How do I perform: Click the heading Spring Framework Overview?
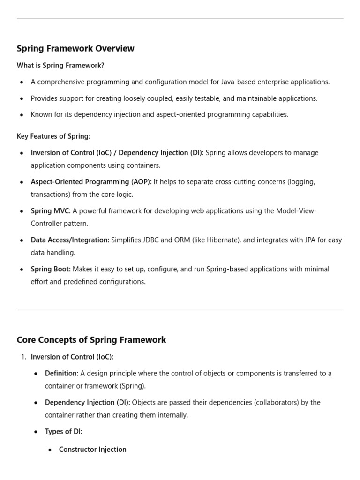[x=75, y=48]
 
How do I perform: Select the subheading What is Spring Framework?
[x=60, y=66]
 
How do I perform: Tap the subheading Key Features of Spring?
[x=53, y=136]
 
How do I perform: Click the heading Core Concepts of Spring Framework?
[x=91, y=340]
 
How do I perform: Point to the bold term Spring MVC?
[x=51, y=211]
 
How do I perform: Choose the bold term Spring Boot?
[x=51, y=269]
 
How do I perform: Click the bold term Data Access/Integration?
[x=70, y=240]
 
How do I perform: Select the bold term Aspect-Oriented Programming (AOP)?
[x=91, y=182]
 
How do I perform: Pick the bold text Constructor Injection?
[x=92, y=450]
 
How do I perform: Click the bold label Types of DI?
[x=63, y=432]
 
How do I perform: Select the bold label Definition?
[x=61, y=374]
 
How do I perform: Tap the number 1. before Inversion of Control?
[x=23, y=357]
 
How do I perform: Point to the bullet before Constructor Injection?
[x=50, y=450]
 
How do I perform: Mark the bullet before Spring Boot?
[x=22, y=270]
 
